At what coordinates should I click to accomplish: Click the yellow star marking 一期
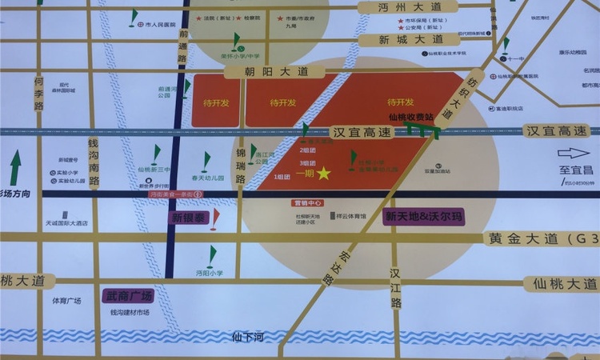pos(323,173)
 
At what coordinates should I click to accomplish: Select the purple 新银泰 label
pos(189,217)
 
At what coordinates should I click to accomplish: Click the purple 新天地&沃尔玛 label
pos(423,216)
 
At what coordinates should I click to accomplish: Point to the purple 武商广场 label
pos(128,296)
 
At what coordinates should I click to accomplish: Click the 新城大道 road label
pos(410,39)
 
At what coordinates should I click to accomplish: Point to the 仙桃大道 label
pos(562,284)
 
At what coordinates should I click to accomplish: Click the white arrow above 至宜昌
pos(573,154)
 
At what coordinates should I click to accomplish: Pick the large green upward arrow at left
pos(15,168)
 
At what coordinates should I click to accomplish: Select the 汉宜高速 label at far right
pos(557,130)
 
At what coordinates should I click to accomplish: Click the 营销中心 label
pos(307,203)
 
